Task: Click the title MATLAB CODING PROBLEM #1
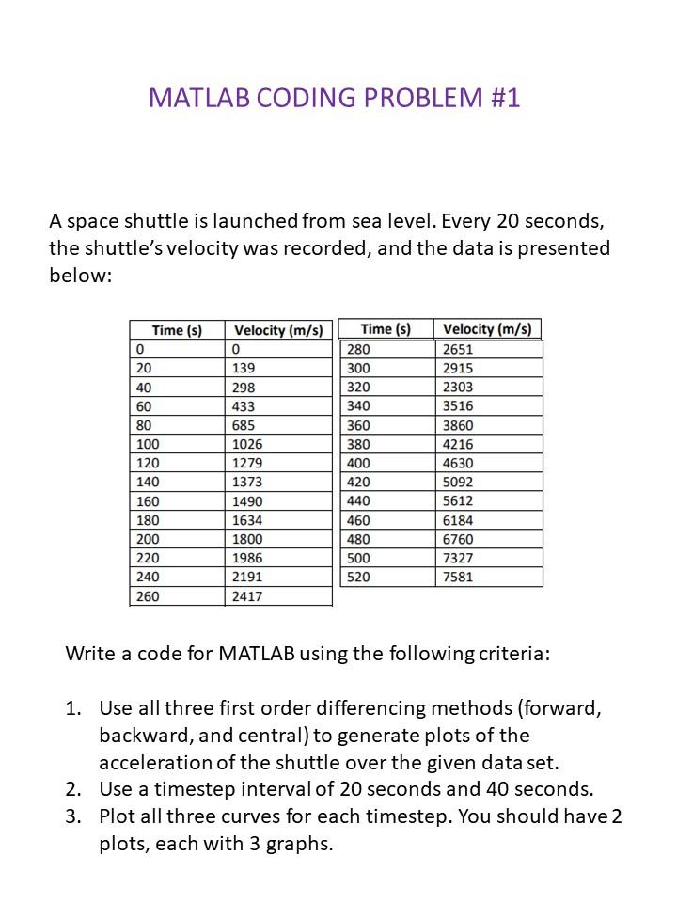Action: (x=334, y=98)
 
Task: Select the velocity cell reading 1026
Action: (x=248, y=444)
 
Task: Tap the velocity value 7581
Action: (x=458, y=577)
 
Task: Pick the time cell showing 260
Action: (x=149, y=596)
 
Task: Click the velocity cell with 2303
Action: (x=458, y=387)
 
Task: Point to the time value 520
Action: (x=359, y=577)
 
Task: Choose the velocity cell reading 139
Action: (x=244, y=368)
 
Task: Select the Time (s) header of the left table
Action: (x=177, y=330)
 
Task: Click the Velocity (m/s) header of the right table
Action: (x=487, y=329)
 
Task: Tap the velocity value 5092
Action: (x=458, y=482)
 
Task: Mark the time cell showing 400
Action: (x=359, y=463)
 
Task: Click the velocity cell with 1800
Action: (x=248, y=539)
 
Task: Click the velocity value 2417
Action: (x=248, y=596)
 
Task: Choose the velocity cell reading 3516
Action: (x=458, y=405)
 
